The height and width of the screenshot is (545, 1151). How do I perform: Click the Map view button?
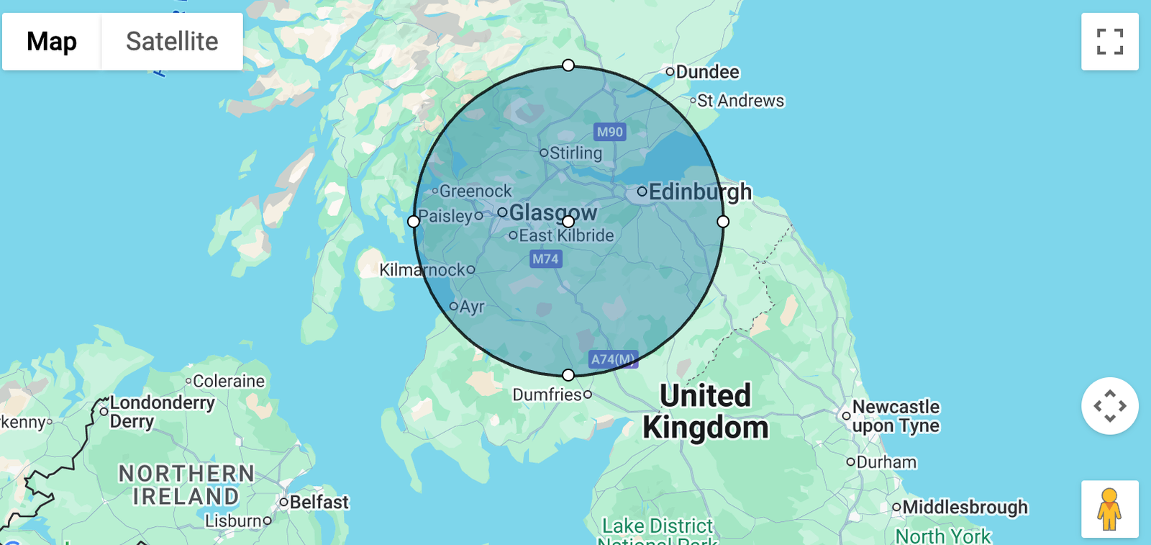52,42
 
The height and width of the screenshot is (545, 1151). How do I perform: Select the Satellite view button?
172,42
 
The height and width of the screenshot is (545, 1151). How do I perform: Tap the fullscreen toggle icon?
1109,42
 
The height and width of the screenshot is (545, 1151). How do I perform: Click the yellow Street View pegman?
1109,509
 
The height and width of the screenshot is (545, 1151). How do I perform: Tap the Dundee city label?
707,72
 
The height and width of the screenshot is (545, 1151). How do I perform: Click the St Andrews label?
740,101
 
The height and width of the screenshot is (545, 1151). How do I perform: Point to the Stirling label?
575,153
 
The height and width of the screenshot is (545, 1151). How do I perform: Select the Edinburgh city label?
700,192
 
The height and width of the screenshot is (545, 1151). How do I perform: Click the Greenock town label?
476,192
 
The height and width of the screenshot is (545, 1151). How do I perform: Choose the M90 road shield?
610,132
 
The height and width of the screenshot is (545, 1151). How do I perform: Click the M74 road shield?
545,259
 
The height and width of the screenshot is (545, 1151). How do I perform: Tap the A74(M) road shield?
613,359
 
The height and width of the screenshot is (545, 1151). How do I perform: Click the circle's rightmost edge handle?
723,222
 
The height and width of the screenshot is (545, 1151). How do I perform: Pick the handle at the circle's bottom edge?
568,375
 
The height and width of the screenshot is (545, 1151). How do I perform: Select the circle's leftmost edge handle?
414,222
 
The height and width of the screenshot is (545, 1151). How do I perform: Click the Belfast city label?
319,502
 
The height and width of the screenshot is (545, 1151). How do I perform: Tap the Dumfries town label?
547,395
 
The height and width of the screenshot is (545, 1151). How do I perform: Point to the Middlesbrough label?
965,507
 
